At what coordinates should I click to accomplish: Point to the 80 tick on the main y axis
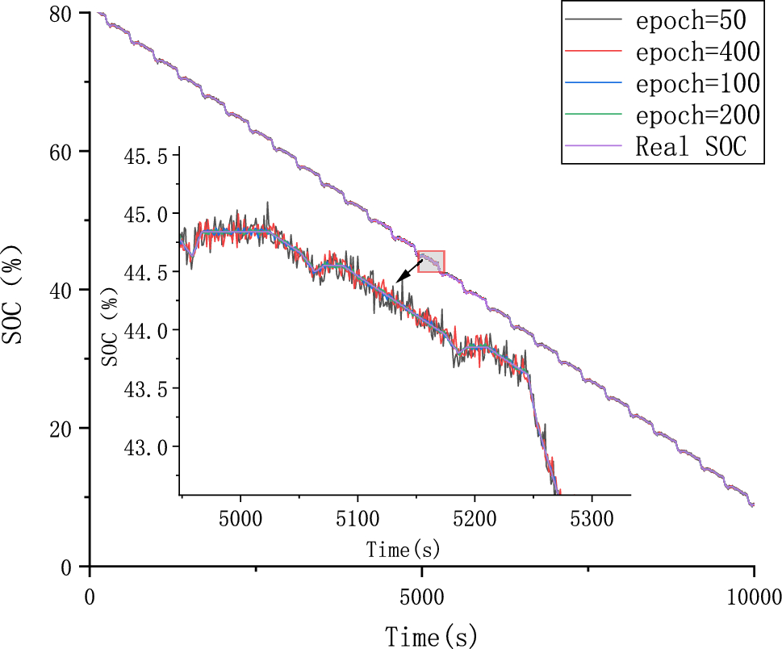pos(69,14)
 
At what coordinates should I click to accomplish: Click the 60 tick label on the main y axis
pos(69,152)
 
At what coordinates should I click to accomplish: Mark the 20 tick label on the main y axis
pos(69,428)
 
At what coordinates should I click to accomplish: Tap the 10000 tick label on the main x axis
pos(753,597)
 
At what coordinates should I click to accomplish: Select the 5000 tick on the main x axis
pos(421,597)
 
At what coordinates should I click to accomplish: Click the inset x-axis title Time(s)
pos(403,551)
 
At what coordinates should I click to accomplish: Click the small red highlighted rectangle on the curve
pos(432,262)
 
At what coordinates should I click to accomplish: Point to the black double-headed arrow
pos(409,270)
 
